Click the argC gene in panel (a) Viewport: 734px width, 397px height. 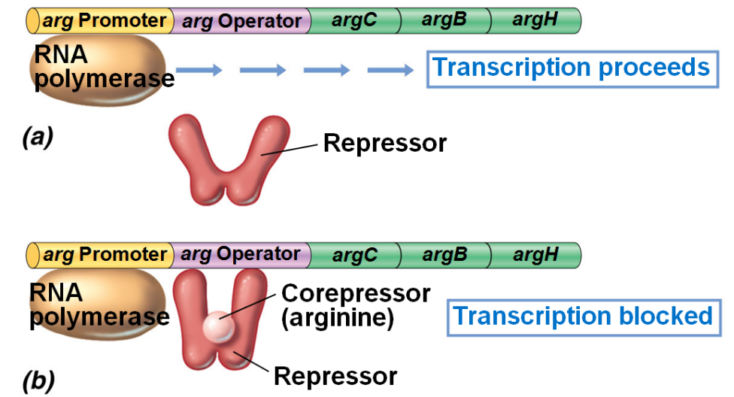[x=353, y=20]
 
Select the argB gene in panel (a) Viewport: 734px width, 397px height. [x=444, y=20]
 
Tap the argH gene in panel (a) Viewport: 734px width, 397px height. [x=535, y=20]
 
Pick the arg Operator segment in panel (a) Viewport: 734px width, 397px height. [x=241, y=21]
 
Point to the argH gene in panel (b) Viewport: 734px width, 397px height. [x=535, y=255]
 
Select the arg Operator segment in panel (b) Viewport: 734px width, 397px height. [x=241, y=255]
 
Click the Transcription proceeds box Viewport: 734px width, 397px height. [x=572, y=68]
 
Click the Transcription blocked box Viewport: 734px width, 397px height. [x=583, y=317]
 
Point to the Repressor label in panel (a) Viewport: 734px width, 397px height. [x=384, y=143]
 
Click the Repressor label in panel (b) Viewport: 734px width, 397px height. [x=335, y=375]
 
